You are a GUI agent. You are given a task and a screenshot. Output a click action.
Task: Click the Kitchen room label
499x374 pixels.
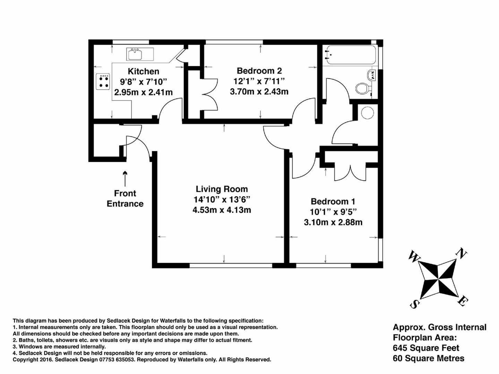click(x=143, y=71)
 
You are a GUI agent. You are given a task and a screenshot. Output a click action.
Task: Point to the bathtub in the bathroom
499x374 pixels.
click(x=350, y=55)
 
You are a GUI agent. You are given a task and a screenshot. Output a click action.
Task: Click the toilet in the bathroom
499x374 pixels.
click(x=363, y=88)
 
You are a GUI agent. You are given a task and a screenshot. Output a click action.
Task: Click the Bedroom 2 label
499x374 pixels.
click(x=259, y=71)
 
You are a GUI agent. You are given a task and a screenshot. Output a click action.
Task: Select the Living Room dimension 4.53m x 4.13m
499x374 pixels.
click(x=222, y=210)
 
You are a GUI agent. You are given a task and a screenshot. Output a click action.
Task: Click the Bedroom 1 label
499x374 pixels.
click(x=333, y=202)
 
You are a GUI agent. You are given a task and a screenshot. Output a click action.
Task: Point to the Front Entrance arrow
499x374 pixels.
click(x=125, y=178)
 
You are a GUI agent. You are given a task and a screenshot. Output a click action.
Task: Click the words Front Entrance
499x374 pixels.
click(x=125, y=198)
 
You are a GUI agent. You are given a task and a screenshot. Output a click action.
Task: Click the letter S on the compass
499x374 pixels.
click(x=414, y=304)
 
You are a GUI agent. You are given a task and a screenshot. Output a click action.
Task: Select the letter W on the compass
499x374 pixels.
click(x=414, y=257)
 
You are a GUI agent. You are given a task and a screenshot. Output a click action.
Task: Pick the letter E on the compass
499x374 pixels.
click(x=462, y=301)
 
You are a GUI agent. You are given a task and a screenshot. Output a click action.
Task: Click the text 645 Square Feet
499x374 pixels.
click(x=426, y=348)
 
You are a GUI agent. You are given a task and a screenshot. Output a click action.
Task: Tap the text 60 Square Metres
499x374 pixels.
click(x=428, y=358)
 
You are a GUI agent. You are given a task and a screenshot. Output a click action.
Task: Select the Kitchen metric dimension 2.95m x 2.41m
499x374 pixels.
click(x=143, y=92)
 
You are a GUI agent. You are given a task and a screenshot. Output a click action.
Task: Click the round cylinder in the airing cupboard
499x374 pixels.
click(x=367, y=113)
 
